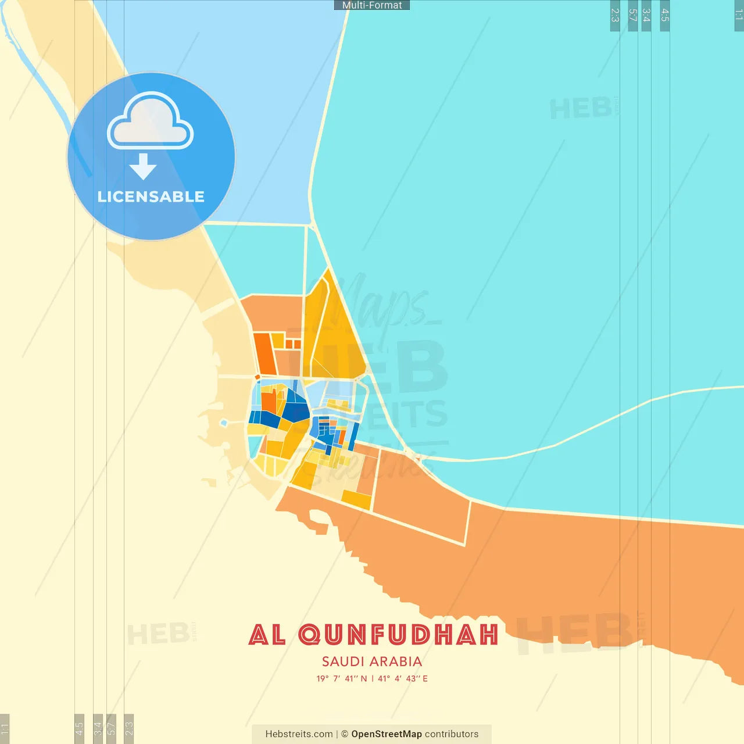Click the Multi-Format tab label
(x=372, y=5)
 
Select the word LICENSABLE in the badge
(x=151, y=196)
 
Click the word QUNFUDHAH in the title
(x=399, y=635)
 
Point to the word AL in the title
(x=267, y=635)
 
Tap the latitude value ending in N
(x=342, y=678)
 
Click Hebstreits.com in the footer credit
(x=299, y=734)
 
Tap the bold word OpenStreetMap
(x=387, y=734)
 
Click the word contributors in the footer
(x=452, y=734)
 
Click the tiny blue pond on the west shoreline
(x=223, y=423)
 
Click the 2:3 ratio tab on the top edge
(x=615, y=16)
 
